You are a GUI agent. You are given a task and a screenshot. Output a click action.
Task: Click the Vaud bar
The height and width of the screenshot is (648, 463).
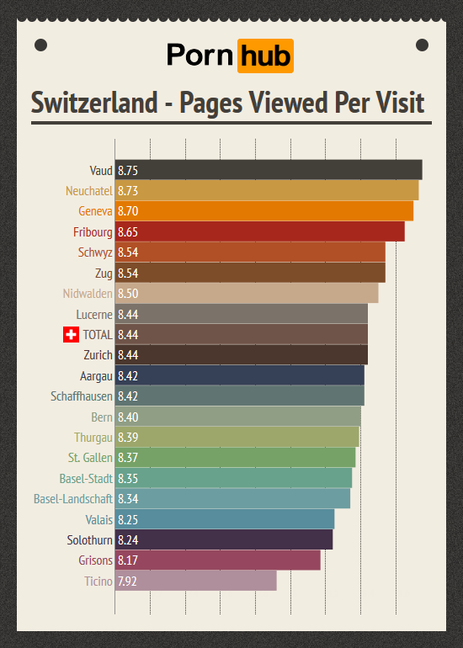(x=269, y=170)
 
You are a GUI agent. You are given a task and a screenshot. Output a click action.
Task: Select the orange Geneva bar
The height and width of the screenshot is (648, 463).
(x=264, y=211)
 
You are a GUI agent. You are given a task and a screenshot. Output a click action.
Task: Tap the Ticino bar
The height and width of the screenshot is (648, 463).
(x=195, y=582)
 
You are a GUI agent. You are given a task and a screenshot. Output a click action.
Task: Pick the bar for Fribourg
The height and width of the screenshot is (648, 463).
(x=260, y=231)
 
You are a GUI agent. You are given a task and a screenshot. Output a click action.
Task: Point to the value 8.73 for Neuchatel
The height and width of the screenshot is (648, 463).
(x=128, y=191)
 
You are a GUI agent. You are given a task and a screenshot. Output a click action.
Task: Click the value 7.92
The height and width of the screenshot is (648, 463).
(x=128, y=582)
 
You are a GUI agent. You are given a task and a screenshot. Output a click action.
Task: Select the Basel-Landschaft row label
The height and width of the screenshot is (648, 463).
(x=73, y=499)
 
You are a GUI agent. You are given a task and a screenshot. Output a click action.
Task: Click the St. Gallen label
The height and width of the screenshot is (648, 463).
(x=90, y=458)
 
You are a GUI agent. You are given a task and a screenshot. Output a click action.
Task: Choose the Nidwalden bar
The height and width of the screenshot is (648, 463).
(x=247, y=294)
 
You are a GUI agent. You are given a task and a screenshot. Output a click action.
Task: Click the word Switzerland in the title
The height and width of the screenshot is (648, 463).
(x=93, y=103)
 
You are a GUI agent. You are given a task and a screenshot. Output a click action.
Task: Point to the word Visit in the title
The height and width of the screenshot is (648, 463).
(x=396, y=103)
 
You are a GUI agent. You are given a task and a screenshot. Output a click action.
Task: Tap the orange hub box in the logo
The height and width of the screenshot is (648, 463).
(x=265, y=56)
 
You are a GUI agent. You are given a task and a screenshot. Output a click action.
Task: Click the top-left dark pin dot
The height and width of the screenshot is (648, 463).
(x=40, y=45)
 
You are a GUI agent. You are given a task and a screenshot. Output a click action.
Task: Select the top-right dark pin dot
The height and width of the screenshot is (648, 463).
(x=422, y=45)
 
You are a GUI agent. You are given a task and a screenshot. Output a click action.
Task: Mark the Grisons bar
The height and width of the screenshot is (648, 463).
(x=217, y=560)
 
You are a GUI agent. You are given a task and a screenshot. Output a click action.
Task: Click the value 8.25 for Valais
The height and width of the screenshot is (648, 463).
(x=128, y=520)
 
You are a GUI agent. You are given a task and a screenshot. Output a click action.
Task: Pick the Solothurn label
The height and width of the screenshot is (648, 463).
(x=89, y=540)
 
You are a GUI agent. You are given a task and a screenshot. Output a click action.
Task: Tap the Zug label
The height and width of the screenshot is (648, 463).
(x=104, y=273)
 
